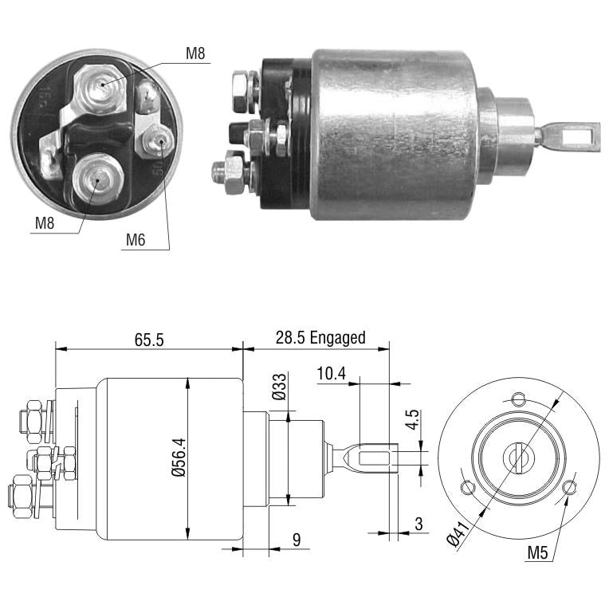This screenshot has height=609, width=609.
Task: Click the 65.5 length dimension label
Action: click(149, 340)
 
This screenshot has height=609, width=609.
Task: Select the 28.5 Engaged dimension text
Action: click(320, 338)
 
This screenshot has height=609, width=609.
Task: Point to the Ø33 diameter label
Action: click(279, 387)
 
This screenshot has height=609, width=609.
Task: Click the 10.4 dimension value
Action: click(332, 374)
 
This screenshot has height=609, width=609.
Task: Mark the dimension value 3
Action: click(418, 524)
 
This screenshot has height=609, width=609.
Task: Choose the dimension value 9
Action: click(297, 540)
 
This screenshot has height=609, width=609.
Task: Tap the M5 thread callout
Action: click(537, 552)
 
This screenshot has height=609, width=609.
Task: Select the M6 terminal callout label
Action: click(136, 240)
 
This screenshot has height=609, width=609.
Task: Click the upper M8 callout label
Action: click(195, 53)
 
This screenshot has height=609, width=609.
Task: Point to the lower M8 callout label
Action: click(45, 223)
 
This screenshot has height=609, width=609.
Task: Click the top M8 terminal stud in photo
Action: click(100, 88)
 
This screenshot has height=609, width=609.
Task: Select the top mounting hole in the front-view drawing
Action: click(518, 399)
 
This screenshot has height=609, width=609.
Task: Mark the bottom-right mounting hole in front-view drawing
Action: click(570, 487)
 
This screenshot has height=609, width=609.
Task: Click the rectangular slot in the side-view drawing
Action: click(374, 458)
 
